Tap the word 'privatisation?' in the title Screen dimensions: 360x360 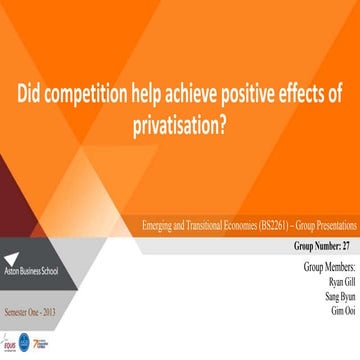pos(179,123)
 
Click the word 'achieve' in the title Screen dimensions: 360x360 pos(193,96)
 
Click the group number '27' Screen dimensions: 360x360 pos(347,245)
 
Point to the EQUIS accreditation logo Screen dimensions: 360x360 pos(10,346)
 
